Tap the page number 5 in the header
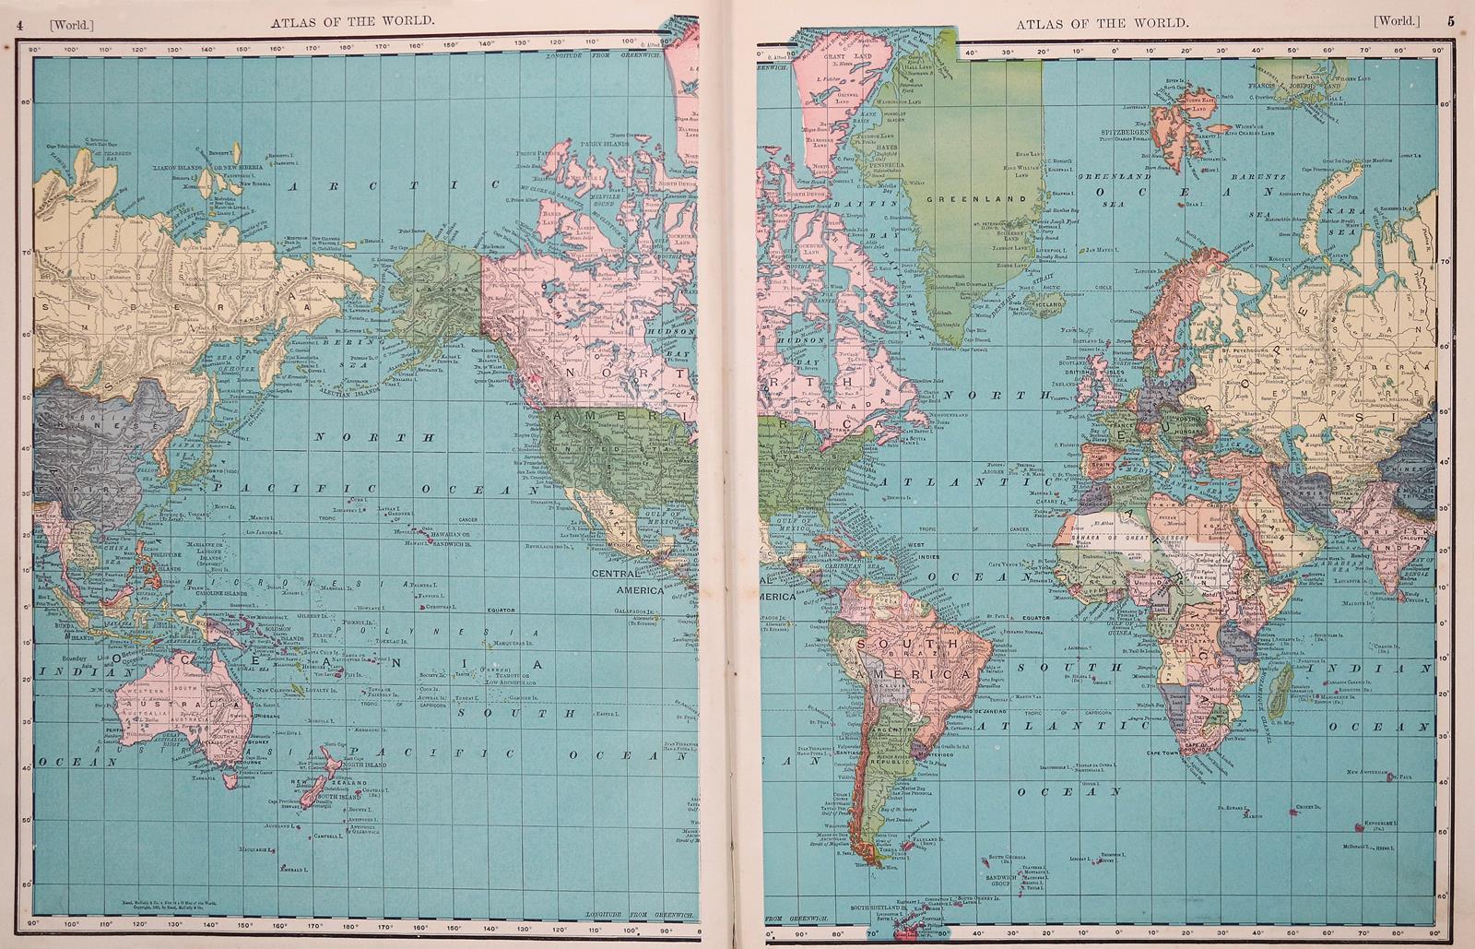coord(1450,22)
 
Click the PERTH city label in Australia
coord(114,730)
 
